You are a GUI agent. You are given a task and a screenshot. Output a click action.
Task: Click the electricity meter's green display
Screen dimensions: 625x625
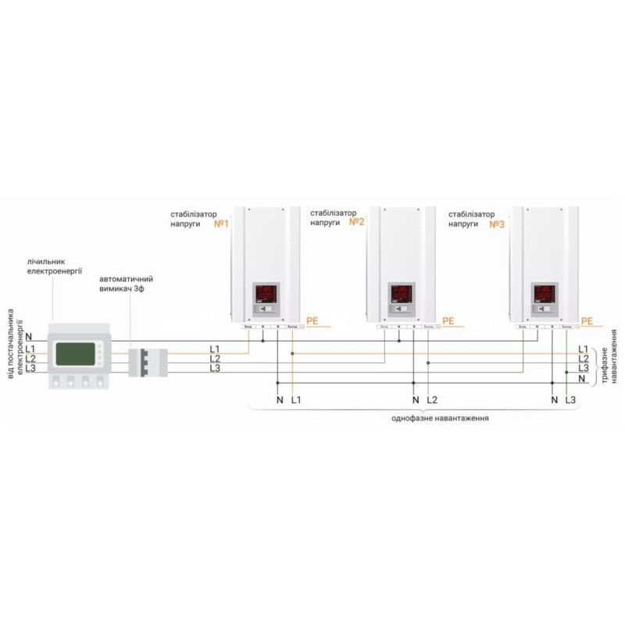[76, 355]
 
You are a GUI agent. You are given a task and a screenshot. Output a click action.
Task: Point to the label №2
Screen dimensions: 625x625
[357, 223]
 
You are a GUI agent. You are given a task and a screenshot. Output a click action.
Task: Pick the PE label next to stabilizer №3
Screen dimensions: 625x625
[587, 320]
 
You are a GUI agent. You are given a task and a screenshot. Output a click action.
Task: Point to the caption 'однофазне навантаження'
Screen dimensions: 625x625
[441, 419]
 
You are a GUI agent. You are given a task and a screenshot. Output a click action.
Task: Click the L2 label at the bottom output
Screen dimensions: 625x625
[433, 400]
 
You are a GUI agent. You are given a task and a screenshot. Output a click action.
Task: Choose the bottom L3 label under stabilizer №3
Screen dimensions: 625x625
[570, 400]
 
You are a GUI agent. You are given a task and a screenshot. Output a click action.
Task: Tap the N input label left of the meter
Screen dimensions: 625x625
[28, 336]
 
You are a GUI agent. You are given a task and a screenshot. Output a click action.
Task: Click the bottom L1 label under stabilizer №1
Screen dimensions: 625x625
[295, 400]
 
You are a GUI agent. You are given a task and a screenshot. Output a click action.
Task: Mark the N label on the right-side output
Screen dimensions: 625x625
[582, 378]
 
